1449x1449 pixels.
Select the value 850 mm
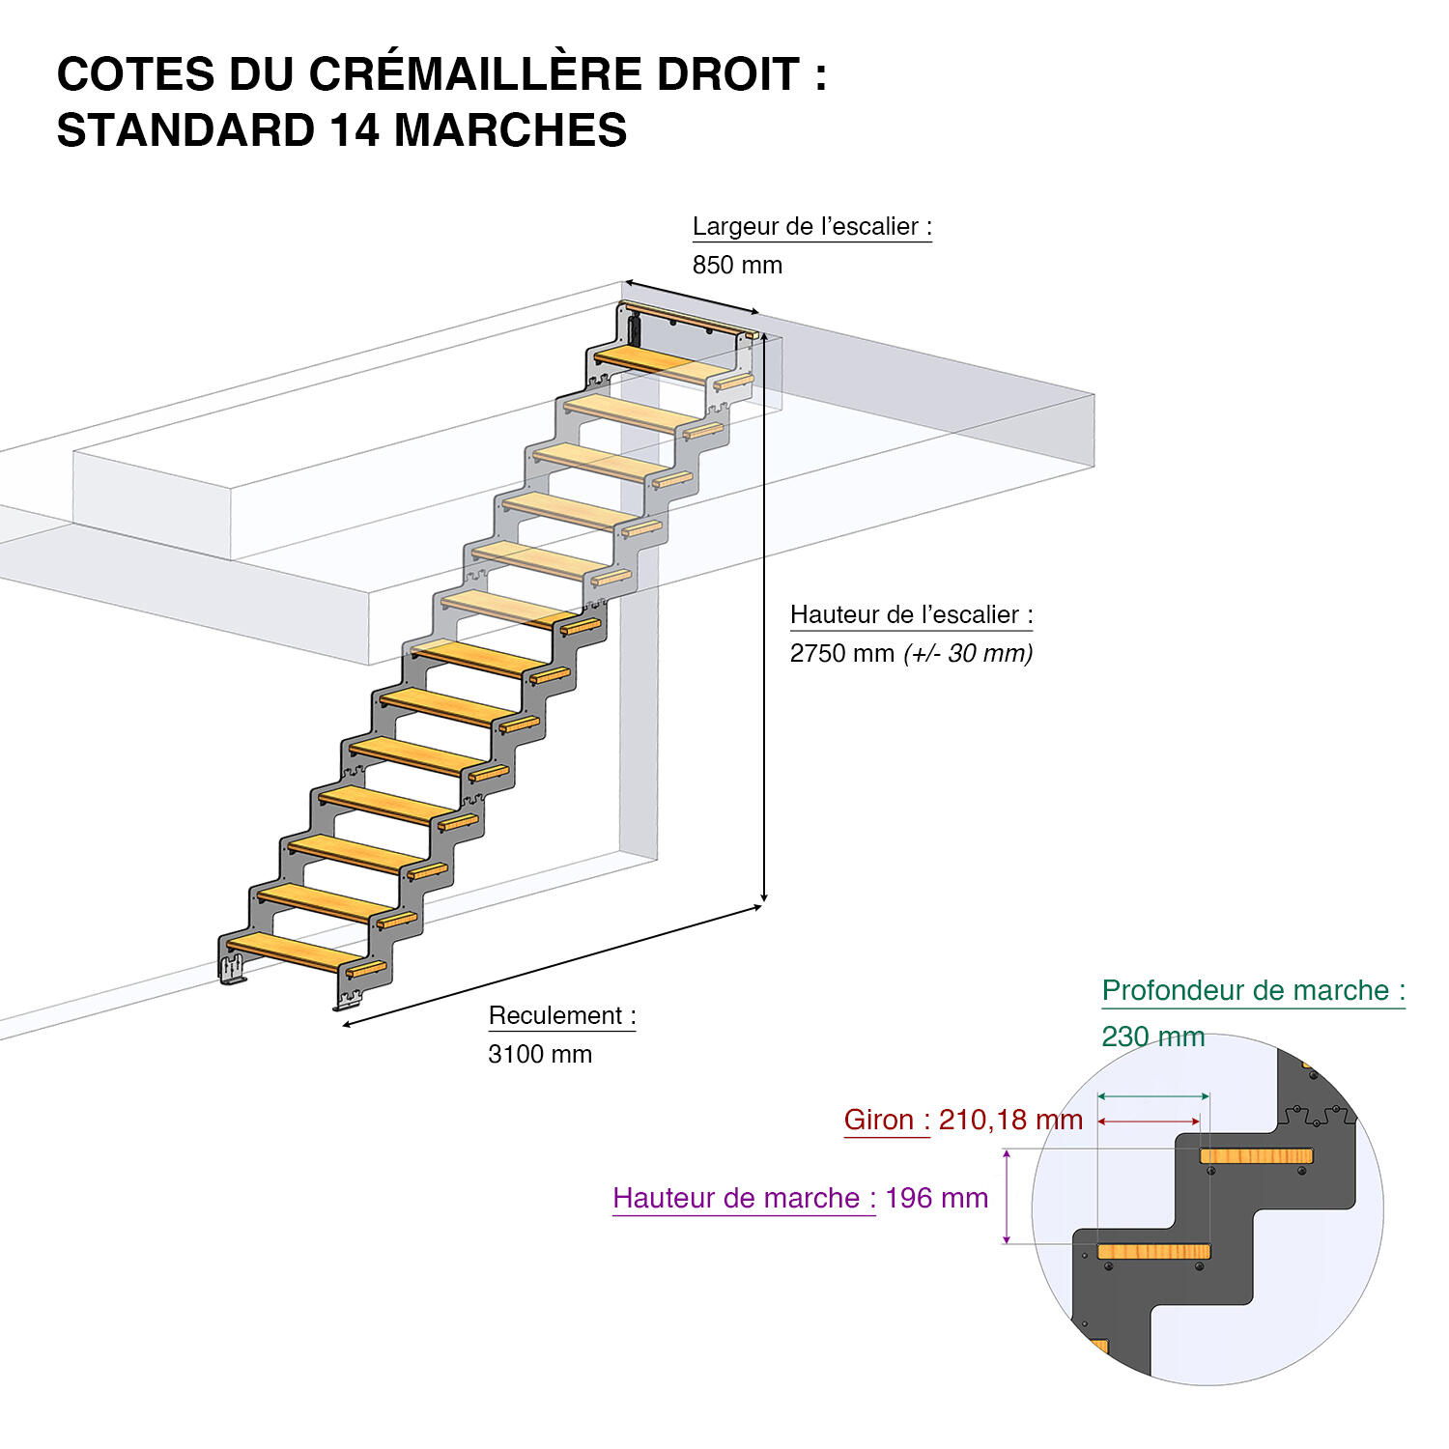[x=737, y=265]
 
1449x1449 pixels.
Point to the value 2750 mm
[x=841, y=653]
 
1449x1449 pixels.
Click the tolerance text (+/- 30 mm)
[x=968, y=653]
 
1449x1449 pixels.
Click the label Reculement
[x=560, y=1015]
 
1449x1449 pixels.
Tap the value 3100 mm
[x=540, y=1054]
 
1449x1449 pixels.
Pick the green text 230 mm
[x=1152, y=1037]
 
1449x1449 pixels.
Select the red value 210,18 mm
[x=1010, y=1120]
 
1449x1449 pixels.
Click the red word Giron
[x=878, y=1120]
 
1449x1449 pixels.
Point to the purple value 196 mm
[x=936, y=1198]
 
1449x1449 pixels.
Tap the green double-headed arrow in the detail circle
[x=1153, y=1096]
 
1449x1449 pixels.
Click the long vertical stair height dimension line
[x=764, y=618]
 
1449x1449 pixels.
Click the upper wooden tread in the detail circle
[x=1256, y=1156]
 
